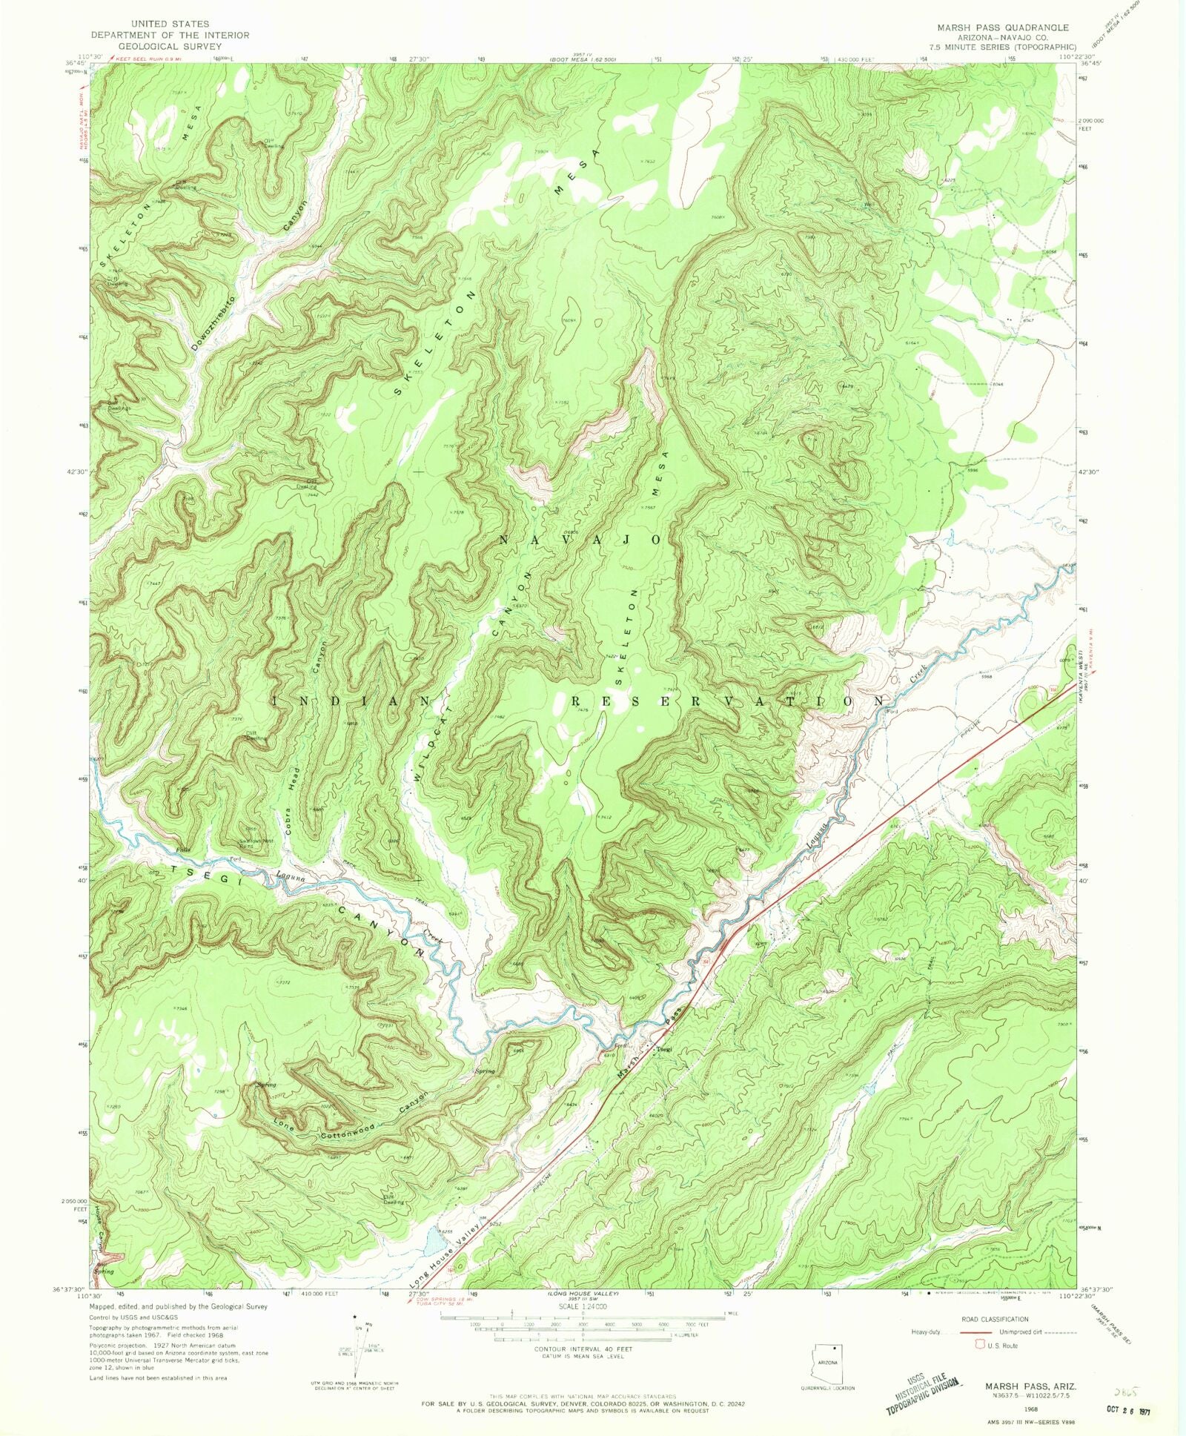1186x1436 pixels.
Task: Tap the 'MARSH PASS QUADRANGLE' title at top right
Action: click(x=1002, y=27)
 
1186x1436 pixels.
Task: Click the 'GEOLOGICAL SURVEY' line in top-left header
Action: click(x=170, y=46)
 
